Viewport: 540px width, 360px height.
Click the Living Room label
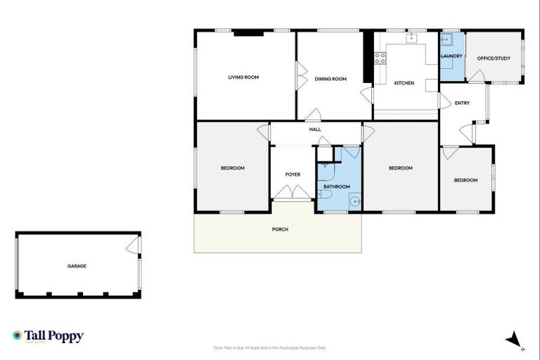pos(243,77)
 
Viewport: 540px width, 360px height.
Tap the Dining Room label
pos(330,79)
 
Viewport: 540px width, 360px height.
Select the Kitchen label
pos(404,83)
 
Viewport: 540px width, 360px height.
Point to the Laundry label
pos(451,56)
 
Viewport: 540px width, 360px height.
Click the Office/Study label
pos(494,58)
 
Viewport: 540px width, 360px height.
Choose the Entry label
pos(462,103)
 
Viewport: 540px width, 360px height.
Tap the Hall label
pos(315,129)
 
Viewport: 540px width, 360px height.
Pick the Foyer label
pos(292,174)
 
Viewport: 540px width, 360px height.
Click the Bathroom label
pos(337,186)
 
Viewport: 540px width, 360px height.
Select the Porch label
pos(280,229)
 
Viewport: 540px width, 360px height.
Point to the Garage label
pos(77,266)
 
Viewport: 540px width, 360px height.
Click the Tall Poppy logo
pos(48,336)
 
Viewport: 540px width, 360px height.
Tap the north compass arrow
pos(514,339)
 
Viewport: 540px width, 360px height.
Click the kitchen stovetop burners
pos(380,58)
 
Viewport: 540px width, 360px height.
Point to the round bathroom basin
pos(355,201)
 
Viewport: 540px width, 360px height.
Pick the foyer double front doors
pos(292,192)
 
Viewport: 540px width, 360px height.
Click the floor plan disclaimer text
pos(269,347)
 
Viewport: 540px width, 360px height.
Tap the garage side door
pos(132,245)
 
